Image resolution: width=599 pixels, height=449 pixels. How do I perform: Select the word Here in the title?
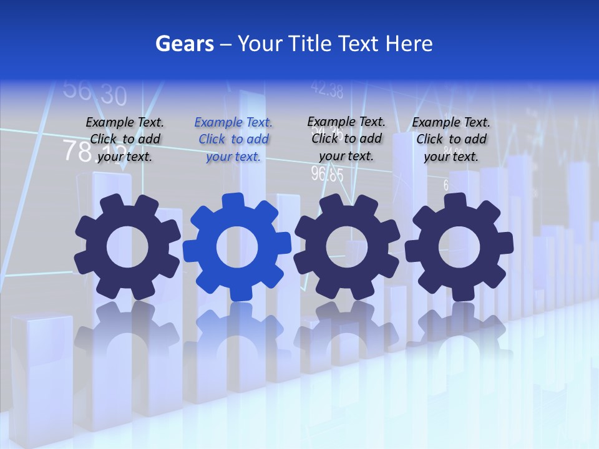click(x=409, y=44)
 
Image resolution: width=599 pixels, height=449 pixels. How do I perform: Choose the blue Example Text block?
click(x=233, y=140)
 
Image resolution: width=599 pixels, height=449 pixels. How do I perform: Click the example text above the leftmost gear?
click(x=125, y=140)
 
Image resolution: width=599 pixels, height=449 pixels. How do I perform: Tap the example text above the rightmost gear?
click(x=451, y=140)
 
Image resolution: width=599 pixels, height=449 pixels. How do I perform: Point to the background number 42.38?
click(x=326, y=91)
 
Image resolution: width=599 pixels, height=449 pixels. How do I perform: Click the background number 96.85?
click(x=327, y=174)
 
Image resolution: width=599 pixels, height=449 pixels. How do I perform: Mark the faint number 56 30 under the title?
click(x=95, y=93)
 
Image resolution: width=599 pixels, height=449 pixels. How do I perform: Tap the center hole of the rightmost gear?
click(x=459, y=247)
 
